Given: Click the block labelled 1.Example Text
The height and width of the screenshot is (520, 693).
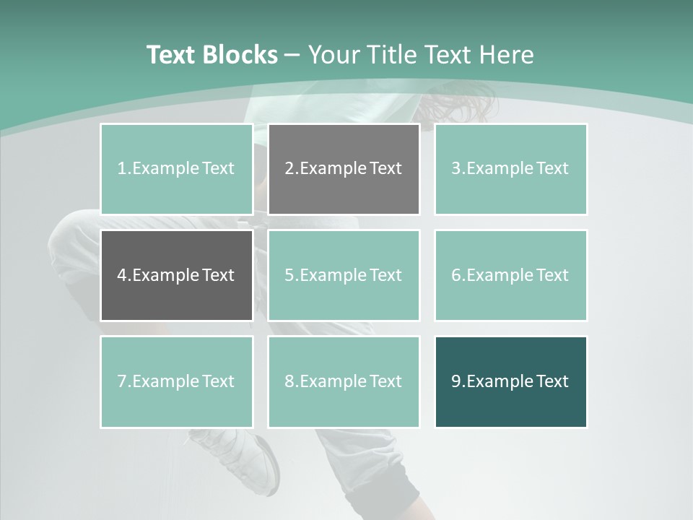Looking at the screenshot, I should (x=176, y=169).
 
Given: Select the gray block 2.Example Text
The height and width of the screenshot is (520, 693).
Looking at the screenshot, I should (x=344, y=169).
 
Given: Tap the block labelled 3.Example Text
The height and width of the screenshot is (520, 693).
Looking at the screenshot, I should (x=510, y=169).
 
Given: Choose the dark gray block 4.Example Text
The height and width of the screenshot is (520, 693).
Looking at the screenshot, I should (x=176, y=275).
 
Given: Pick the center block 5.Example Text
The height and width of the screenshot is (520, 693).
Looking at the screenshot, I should (x=344, y=275).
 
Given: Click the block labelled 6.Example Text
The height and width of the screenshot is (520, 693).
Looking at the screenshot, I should (x=510, y=275).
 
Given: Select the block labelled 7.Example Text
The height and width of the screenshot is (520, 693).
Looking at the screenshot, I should (x=176, y=381).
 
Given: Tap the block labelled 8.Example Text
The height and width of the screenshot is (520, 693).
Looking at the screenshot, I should (x=344, y=381).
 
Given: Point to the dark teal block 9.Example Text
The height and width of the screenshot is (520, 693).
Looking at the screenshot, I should (x=510, y=381).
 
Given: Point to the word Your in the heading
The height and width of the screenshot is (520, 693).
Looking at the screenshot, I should (x=333, y=55).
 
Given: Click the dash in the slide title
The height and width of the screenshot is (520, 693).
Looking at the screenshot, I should (x=292, y=55).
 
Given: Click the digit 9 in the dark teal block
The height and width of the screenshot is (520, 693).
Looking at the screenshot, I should (x=456, y=381).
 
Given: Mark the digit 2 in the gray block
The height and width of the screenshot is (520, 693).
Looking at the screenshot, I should (x=289, y=169).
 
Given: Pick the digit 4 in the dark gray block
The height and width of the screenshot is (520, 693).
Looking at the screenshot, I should (x=122, y=275).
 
